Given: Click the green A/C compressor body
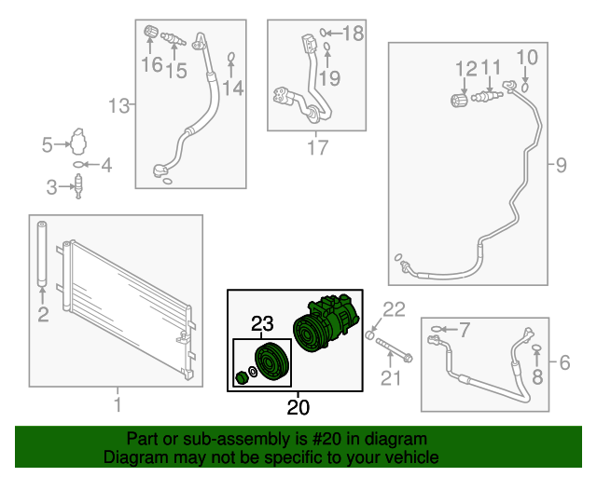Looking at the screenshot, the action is click(326, 322).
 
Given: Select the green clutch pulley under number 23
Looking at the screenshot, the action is click(271, 361).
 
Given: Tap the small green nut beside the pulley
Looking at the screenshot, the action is click(241, 377).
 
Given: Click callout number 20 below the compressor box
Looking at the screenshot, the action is click(298, 407).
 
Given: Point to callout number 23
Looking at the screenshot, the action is click(262, 323).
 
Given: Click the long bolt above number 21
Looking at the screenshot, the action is click(395, 350).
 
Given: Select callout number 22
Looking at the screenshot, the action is click(394, 309).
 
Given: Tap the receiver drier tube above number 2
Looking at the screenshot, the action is click(42, 253).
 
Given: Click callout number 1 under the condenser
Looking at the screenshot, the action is click(118, 404).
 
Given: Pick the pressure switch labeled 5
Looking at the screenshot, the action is click(78, 142).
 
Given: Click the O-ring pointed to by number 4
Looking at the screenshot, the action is click(77, 165).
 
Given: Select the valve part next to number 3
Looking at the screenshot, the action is click(78, 186).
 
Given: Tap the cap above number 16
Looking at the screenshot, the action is click(150, 31).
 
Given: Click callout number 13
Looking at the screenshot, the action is click(119, 105).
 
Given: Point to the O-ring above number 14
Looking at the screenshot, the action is click(231, 58).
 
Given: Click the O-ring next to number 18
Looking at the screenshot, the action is click(323, 33).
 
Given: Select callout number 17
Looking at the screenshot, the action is click(317, 147).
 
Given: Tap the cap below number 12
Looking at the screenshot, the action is click(459, 100).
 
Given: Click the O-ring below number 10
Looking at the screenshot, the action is click(524, 87).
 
